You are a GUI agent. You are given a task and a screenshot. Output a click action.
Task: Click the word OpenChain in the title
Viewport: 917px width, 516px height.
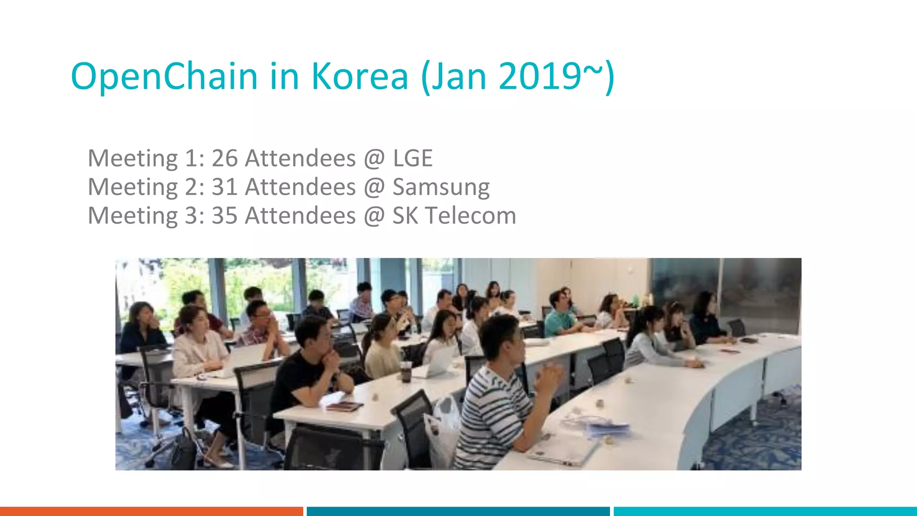tap(164, 76)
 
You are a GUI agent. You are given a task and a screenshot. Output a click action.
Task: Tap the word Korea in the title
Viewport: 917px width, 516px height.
tap(360, 76)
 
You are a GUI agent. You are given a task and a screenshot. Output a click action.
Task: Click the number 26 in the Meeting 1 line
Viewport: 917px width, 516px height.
tap(224, 158)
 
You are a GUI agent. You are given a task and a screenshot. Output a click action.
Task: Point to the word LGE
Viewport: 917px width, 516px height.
tap(413, 158)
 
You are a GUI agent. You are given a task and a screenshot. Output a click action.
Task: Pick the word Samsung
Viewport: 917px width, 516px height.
tap(441, 187)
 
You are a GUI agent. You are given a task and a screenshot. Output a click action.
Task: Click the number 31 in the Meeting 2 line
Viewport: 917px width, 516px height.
tap(224, 187)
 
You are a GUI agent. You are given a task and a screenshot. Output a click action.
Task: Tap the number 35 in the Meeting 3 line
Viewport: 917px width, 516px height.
tap(224, 215)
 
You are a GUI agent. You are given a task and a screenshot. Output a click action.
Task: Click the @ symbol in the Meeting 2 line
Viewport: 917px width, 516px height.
tap(374, 187)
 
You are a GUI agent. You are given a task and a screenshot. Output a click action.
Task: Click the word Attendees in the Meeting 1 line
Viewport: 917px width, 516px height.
tap(300, 158)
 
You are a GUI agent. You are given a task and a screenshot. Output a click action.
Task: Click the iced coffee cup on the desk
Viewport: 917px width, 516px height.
tap(406, 371)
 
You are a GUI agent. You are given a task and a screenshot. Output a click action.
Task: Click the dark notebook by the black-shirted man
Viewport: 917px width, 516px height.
tap(344, 406)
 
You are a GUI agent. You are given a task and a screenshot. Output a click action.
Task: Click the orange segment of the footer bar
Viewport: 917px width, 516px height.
tap(151, 511)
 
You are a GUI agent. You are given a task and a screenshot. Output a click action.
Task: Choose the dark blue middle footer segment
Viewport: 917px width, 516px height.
tap(458, 511)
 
